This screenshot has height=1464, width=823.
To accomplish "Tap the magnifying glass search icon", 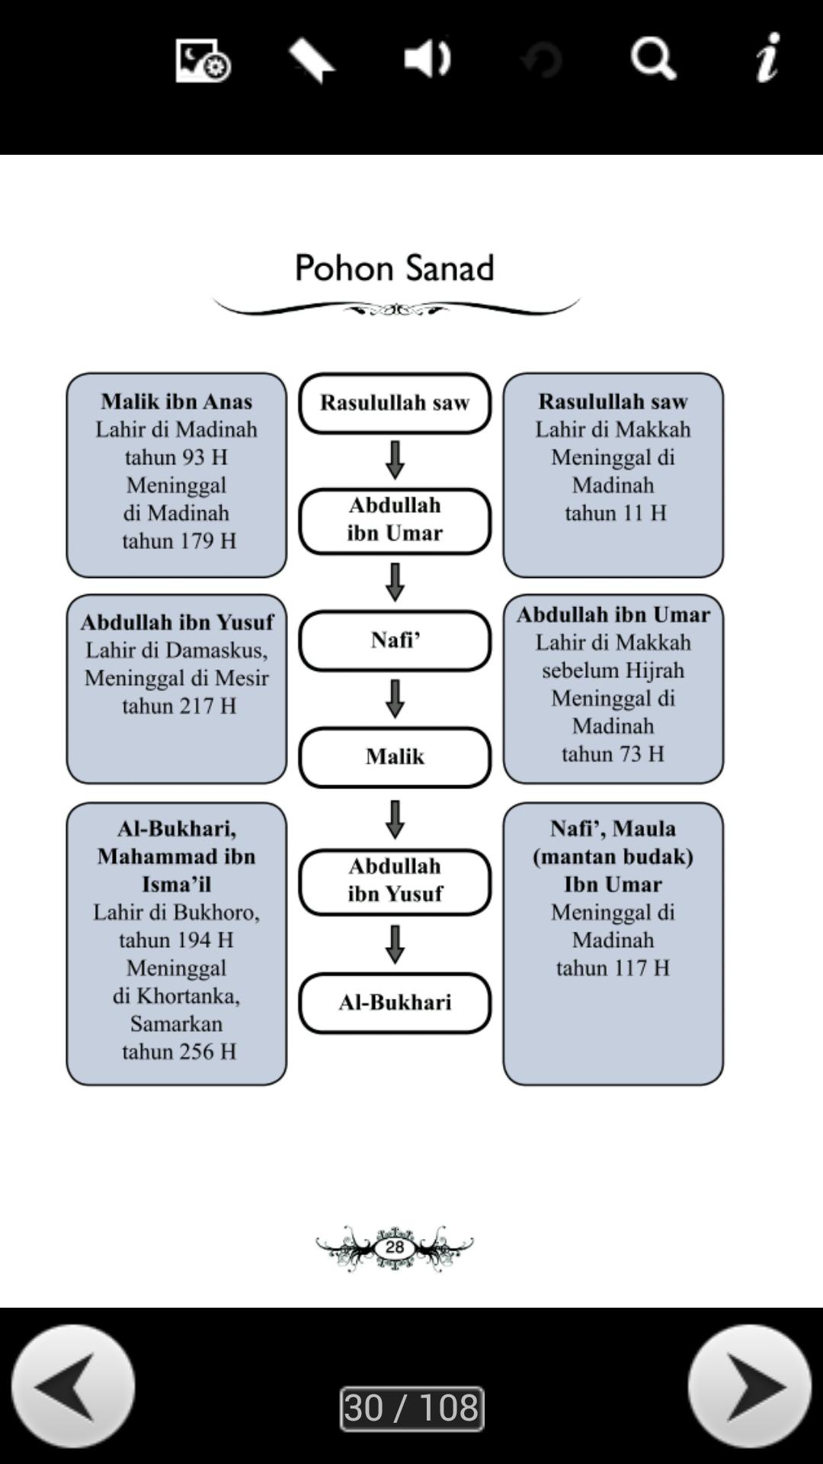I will tap(653, 59).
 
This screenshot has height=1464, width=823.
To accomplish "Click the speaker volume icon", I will tap(427, 59).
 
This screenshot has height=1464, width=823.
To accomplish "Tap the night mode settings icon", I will tap(202, 60).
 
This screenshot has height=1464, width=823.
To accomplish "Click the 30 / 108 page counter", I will tap(411, 1408).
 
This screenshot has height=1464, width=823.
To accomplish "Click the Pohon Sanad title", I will tap(395, 268).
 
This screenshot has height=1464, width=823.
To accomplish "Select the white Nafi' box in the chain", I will tap(395, 640).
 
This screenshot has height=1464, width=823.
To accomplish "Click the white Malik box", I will tap(395, 757).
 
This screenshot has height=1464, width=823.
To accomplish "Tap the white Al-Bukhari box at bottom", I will tap(395, 1003).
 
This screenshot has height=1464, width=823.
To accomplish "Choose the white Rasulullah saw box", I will tap(395, 403).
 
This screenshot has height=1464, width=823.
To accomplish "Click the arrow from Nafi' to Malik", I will tap(395, 698).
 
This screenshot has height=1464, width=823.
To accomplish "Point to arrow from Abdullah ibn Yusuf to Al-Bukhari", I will tap(395, 944).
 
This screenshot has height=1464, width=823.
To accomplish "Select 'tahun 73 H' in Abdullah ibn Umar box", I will tap(613, 754).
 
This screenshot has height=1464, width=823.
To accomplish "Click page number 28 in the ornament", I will tap(395, 1247).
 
